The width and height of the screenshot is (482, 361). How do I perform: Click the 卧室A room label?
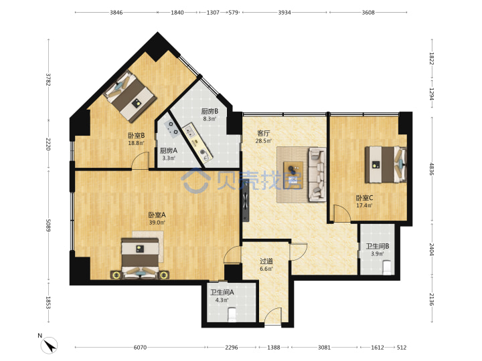pos(157,215)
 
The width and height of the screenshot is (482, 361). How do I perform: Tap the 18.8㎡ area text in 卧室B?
pos(136,143)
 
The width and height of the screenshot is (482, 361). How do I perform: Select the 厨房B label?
pos(210,111)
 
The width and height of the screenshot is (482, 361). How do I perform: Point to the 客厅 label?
pos(264,134)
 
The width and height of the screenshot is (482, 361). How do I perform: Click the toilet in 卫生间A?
pos(232,314)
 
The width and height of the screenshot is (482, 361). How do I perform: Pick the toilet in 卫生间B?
pos(387,267)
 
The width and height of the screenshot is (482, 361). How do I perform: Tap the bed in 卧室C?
pos(386,164)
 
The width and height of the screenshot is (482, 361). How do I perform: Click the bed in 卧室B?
pos(130,96)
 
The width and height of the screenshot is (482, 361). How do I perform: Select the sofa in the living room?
pos(317,174)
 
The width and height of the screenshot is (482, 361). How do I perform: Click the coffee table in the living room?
pos(293,174)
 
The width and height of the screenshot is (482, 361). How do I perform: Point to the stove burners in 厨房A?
pos(171,128)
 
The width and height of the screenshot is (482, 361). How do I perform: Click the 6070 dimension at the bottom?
pos(140,347)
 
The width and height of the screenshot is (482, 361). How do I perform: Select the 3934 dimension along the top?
pos(285,13)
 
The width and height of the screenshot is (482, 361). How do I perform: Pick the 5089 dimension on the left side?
pos(48,225)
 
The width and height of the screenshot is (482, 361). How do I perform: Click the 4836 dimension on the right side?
pos(432,169)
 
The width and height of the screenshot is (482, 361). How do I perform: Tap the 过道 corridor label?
pos(266,261)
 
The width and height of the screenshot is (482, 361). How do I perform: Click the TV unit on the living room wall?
pos(245,203)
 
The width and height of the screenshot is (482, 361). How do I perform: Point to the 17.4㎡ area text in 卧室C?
pos(364,205)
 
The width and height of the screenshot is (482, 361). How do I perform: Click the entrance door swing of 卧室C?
pos(342,213)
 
